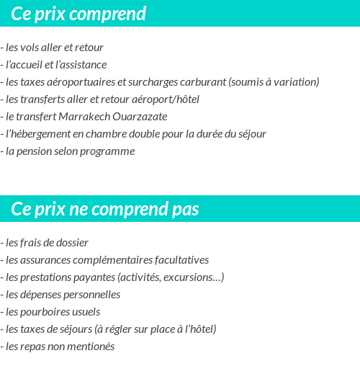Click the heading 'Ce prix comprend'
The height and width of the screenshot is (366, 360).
[78, 14]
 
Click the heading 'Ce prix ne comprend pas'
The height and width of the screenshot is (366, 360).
[105, 209]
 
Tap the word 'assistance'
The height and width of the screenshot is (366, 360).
[81, 65]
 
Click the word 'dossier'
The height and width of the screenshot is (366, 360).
[71, 243]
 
